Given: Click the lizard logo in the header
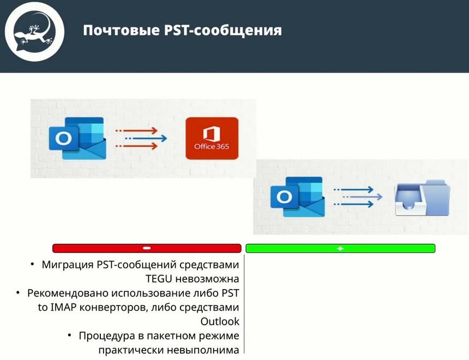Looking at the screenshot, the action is coord(34,32).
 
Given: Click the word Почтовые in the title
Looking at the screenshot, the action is coord(121,31).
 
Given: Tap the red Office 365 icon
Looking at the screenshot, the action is coord(212,138).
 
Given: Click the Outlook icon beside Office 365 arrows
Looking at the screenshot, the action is coord(77,138).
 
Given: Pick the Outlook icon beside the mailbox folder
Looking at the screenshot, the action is coord(298,197).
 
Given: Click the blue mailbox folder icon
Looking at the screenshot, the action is coord(423,197).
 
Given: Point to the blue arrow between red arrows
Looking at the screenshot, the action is coord(146,138).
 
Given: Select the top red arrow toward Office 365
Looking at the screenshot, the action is coord(137,130).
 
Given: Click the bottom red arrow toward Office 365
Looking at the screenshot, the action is coord(137,146).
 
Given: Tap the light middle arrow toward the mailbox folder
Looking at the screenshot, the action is coord(362,197).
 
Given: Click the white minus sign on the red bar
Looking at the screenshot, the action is coord(147,248).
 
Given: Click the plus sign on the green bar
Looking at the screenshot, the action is coord(340,248).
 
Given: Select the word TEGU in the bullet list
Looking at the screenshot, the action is coord(159,279).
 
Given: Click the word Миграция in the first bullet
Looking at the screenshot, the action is coord(68,265).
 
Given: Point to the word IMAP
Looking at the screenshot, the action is coord(64,307).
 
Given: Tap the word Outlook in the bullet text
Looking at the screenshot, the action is coord(220,321).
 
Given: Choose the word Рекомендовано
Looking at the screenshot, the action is coord(68,293).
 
